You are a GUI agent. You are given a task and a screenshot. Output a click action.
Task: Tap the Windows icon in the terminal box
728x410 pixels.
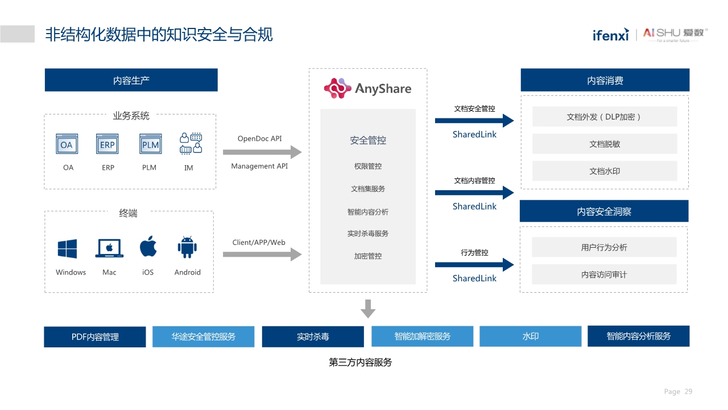point(67,249)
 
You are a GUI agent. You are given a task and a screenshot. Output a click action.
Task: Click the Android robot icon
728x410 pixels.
point(187,248)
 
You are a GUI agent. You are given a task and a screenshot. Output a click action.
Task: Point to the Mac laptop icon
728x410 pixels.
point(110,248)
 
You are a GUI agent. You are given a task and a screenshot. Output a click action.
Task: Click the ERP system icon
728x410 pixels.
point(107,145)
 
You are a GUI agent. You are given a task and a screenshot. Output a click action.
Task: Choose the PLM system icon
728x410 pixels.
point(150,145)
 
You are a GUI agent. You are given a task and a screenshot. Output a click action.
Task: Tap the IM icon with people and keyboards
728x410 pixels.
point(191,143)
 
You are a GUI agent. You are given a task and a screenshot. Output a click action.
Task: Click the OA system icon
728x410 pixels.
point(67,145)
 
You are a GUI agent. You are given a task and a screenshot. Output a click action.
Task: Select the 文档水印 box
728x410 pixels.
point(605,171)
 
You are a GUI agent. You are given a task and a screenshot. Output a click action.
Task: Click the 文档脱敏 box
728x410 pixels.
point(605,144)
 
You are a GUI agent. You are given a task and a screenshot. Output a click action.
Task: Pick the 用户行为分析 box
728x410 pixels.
point(604,247)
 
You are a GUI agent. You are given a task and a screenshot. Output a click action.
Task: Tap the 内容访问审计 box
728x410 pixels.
point(604,274)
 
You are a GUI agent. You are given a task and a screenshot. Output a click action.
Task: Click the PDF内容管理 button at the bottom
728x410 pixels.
point(95,337)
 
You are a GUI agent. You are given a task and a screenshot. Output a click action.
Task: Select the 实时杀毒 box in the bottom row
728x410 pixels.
point(313,337)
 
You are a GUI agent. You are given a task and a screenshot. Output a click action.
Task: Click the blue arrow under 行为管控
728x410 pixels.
point(474,265)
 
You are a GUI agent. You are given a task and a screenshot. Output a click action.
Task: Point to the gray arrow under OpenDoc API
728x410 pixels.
point(262,152)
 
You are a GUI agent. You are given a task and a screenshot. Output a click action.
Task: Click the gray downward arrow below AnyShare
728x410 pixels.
point(368,309)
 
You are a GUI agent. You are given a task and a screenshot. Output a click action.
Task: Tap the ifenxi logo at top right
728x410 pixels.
point(610,35)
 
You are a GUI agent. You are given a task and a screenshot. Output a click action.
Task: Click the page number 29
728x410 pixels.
point(688,392)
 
